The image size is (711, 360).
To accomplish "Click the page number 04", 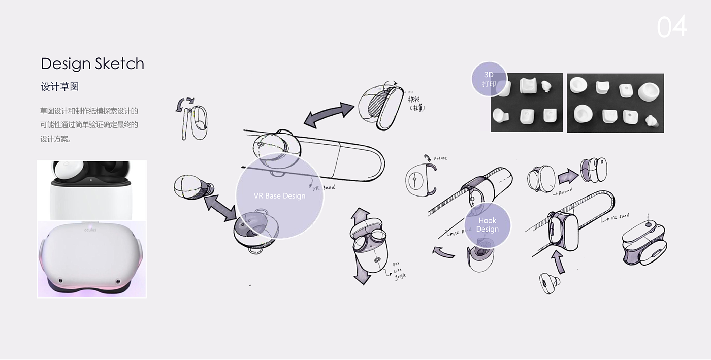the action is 671,26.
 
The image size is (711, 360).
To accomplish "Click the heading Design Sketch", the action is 92,63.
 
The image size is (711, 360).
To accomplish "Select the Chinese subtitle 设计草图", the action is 60,87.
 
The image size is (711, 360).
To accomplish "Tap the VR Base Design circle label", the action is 279,196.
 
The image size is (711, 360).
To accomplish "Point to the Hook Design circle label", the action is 488,225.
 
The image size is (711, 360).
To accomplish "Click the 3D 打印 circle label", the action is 489,79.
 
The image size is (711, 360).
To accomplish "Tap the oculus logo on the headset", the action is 90,230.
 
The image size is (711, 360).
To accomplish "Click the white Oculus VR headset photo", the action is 91,259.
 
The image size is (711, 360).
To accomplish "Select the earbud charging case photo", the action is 91,190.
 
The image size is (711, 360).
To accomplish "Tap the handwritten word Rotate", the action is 440,158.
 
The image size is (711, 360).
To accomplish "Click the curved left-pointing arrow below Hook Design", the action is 443,251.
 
